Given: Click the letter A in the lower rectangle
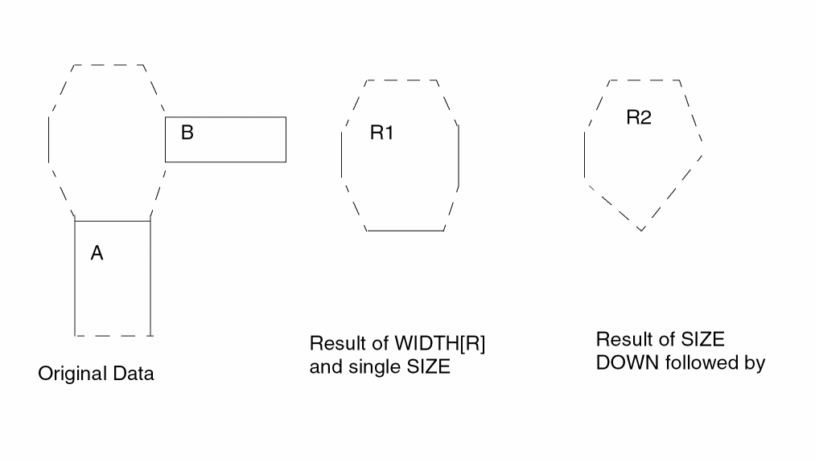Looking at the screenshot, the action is pos(97,253).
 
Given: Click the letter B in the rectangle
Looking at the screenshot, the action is pos(187,133).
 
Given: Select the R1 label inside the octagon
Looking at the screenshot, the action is pos(381,133).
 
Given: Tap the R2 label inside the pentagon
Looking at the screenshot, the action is pos(639,117).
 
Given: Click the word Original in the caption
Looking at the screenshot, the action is pos(72,374).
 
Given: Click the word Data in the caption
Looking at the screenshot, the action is pos(134,374).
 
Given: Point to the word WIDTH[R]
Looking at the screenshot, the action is pos(440,344).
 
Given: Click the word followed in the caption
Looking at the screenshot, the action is pos(702,362).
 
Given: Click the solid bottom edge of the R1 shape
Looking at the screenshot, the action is pos(405,231).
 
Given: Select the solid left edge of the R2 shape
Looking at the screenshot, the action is pos(585,155).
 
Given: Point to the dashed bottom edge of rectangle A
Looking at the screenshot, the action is pos(113,336).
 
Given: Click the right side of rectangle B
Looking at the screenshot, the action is pos(286,140).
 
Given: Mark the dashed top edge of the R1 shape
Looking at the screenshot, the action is pos(401,80).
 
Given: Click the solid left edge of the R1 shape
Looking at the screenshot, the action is pos(341,155).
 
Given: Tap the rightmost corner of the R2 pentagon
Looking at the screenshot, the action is pos(702,155).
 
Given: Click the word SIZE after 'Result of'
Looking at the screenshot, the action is pos(702,340).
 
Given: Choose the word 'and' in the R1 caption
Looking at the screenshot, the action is pos(326,367).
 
